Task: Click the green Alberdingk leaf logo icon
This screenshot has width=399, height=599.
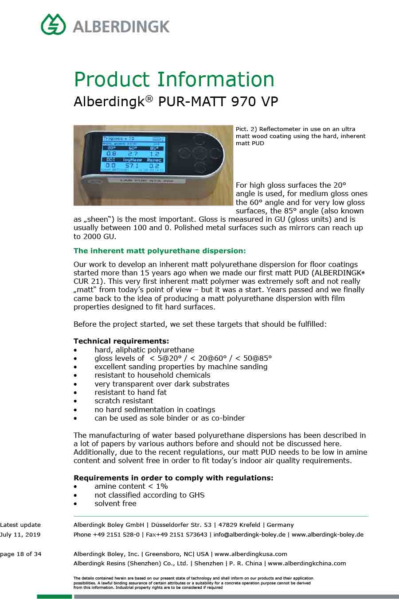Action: [54, 24]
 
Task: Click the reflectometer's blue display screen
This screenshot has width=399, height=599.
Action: [133, 153]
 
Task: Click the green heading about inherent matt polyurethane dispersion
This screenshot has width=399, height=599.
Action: [160, 251]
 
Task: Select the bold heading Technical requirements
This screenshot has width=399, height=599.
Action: [121, 341]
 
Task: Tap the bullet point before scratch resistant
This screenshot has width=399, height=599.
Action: [76, 401]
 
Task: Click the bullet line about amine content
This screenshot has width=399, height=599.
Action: [131, 487]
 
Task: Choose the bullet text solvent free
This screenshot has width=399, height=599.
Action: [115, 504]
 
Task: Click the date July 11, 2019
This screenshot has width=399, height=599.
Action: [20, 534]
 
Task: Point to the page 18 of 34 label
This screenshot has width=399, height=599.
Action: [21, 554]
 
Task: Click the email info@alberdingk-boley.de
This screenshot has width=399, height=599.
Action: [249, 534]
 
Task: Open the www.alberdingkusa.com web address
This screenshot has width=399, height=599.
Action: [251, 554]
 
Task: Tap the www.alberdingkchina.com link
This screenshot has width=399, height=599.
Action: [307, 564]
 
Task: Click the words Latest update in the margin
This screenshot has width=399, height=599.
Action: [20, 525]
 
